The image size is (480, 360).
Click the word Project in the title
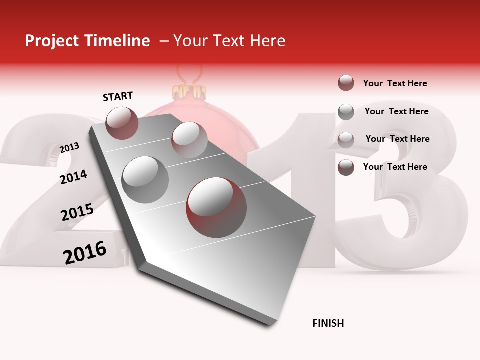(52, 41)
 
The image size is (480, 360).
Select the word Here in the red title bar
(267, 41)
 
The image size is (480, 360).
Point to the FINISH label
(328, 323)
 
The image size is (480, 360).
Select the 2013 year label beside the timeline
(69, 148)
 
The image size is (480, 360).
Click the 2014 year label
(73, 177)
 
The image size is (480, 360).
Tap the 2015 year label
(77, 212)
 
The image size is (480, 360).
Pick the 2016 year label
(85, 252)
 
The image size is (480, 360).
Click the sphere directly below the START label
(122, 123)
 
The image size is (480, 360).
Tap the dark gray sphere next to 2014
(145, 179)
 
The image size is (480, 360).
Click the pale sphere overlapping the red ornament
(189, 139)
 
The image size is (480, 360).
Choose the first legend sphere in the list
(346, 83)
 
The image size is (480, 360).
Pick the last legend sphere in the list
(346, 167)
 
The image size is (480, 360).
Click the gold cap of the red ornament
(189, 92)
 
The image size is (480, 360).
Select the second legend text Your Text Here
(396, 111)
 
